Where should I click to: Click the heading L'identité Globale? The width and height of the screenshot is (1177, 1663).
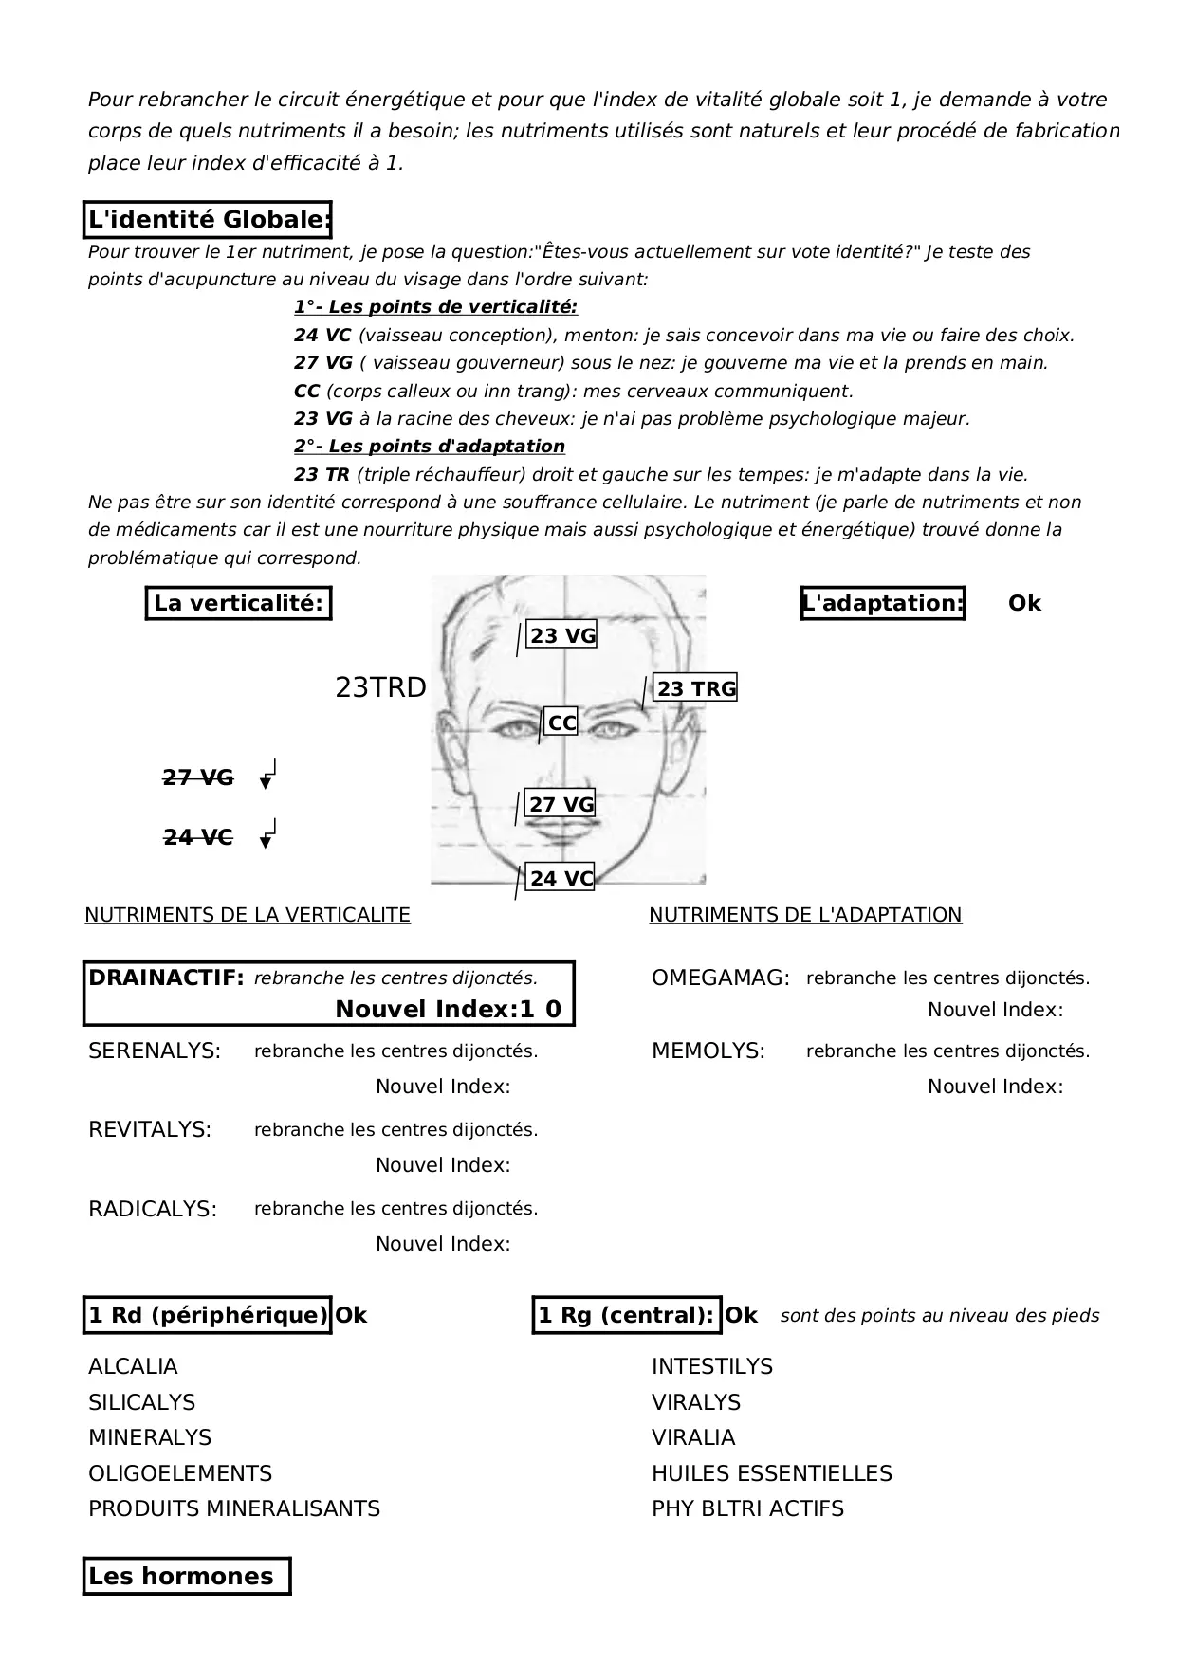(208, 220)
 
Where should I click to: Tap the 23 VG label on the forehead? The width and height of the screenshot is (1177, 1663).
(562, 636)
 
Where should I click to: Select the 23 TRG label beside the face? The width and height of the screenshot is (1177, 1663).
(696, 689)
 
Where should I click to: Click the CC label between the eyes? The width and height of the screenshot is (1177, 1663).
(561, 723)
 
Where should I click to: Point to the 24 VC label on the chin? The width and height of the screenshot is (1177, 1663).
(561, 879)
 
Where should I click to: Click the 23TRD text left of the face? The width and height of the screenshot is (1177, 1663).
(380, 688)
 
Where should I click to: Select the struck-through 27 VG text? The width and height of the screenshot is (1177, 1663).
(198, 778)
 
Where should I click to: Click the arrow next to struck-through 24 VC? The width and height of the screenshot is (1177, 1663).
(268, 833)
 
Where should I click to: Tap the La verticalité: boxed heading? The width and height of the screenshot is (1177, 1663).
(238, 603)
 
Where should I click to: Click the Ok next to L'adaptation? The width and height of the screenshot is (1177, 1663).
(1024, 604)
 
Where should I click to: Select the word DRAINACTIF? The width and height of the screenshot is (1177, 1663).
(166, 978)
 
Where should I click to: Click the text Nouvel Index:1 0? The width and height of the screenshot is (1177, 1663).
(448, 1010)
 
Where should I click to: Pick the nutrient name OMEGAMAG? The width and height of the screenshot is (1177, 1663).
(721, 978)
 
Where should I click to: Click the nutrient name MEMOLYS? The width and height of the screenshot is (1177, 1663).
(708, 1051)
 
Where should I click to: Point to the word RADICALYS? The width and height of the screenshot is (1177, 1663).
(153, 1210)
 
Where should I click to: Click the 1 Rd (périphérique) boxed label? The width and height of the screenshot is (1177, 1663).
(208, 1315)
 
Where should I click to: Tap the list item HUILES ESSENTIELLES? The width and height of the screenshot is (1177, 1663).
(772, 1473)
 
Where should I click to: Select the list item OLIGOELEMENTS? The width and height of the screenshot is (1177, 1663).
(180, 1473)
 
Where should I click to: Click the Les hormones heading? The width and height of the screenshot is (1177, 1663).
(181, 1577)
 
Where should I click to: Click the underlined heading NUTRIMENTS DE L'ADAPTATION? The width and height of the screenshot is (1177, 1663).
(805, 915)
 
